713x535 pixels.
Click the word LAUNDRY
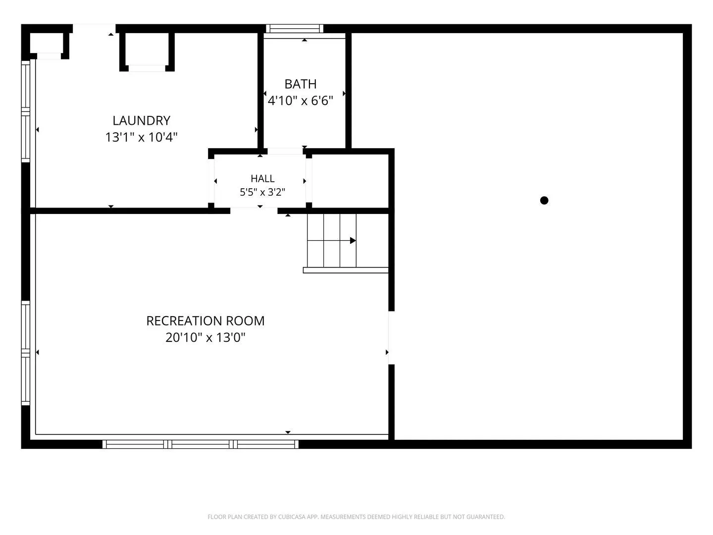141,120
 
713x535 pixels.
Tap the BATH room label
301,84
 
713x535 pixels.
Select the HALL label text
262,178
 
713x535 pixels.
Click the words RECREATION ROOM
205,321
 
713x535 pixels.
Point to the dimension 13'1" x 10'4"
141,137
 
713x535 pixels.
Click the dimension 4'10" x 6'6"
301,101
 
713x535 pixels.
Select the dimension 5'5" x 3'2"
262,192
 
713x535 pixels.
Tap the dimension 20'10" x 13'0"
205,337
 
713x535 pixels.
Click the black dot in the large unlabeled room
544,201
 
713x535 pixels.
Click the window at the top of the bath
295,29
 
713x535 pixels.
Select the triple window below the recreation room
201,444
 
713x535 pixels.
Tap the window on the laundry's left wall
26,111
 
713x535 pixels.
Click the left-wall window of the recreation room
26,353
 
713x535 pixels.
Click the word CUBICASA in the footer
292,517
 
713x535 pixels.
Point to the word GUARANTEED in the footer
485,517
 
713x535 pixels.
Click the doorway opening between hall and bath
285,152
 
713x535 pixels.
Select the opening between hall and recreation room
254,211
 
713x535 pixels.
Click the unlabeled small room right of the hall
350,181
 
